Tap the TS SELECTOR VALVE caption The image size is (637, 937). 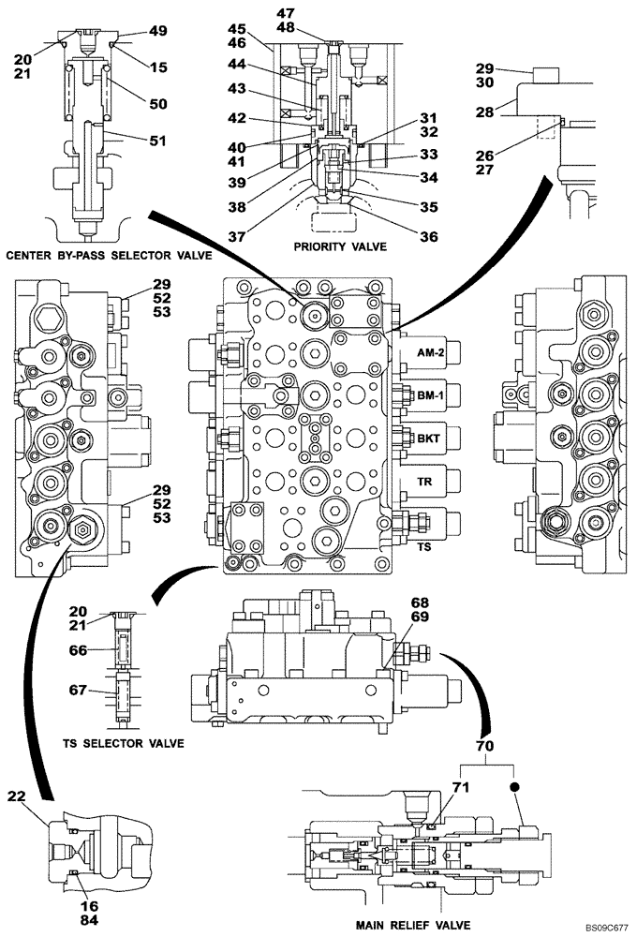[123, 743]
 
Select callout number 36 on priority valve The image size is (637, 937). [428, 237]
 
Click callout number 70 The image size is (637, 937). [484, 748]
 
